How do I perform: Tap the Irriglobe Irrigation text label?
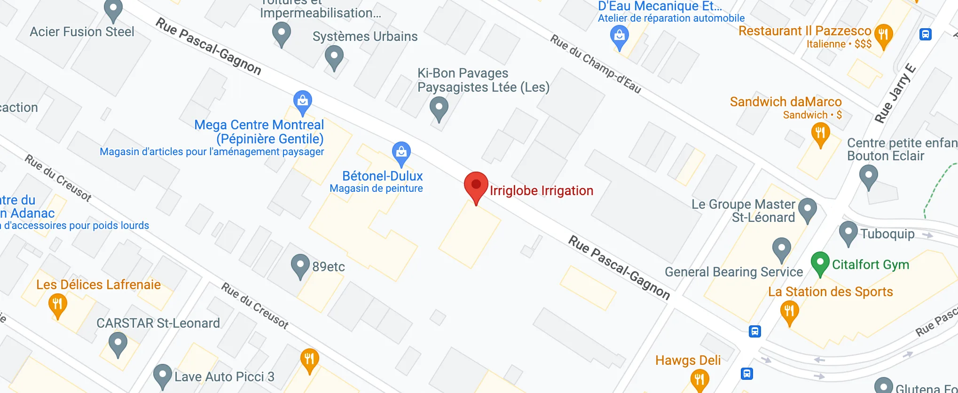(x=542, y=191)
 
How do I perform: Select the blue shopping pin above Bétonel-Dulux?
(x=401, y=153)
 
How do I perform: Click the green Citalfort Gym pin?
(x=820, y=262)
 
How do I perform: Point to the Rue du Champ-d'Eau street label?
(x=596, y=64)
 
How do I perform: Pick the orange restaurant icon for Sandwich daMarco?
(x=820, y=134)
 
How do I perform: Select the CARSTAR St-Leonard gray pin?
(x=118, y=344)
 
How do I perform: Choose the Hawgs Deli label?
(x=688, y=361)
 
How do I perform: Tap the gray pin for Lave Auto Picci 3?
(x=162, y=375)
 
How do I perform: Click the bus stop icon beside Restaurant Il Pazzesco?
(x=925, y=34)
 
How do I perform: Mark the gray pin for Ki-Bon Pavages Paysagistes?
(x=439, y=108)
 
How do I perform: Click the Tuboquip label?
(x=887, y=234)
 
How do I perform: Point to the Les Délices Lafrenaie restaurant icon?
(x=57, y=305)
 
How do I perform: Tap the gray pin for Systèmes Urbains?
(x=334, y=56)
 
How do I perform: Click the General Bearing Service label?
(x=733, y=272)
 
